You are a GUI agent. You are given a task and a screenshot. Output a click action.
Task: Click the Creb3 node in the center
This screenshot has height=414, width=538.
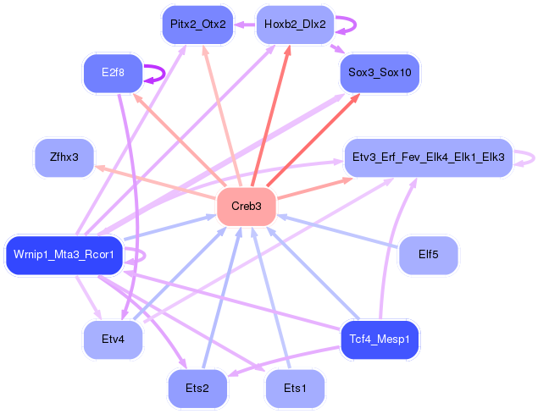click(x=247, y=206)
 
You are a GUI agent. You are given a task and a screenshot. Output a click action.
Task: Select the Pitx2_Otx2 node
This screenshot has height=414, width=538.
click(x=198, y=25)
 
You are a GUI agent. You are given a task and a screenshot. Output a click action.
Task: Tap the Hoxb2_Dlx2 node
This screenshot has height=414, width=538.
click(x=295, y=25)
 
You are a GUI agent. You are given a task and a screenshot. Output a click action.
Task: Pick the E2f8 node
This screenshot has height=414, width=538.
click(x=113, y=73)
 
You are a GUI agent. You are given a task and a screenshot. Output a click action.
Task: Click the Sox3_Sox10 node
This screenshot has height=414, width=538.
click(x=380, y=73)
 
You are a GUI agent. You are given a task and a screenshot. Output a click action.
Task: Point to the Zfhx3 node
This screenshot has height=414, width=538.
click(x=64, y=157)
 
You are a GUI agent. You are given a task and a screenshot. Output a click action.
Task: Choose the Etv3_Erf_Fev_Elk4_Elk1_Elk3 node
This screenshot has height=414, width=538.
click(x=429, y=157)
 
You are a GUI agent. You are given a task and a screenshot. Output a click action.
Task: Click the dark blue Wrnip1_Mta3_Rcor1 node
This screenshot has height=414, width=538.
click(x=64, y=255)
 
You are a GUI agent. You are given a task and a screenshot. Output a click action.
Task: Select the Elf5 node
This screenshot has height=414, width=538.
click(x=429, y=255)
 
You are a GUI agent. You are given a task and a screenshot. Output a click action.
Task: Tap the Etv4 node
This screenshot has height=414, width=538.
click(x=113, y=339)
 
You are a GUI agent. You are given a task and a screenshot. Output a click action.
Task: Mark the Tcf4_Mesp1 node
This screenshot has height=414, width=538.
click(x=380, y=339)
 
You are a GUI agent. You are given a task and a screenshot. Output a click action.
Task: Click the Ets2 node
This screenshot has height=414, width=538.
click(x=197, y=389)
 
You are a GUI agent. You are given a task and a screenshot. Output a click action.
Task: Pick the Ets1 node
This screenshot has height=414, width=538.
click(x=295, y=389)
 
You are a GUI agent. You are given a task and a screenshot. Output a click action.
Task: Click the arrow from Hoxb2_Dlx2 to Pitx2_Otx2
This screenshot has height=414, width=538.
click(x=245, y=25)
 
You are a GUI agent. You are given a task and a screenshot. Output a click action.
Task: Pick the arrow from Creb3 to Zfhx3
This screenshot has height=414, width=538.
click(x=155, y=183)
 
